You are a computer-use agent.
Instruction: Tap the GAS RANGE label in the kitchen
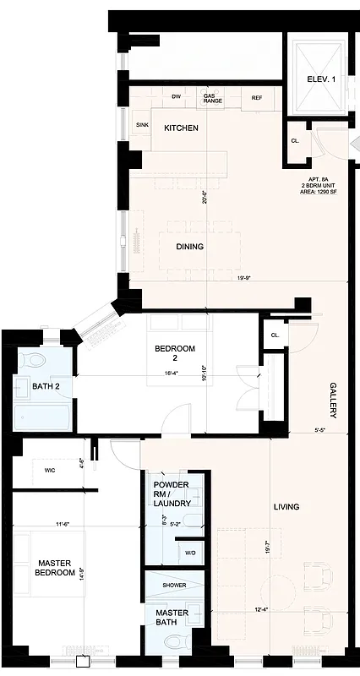(x=212, y=99)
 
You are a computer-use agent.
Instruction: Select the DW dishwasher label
(x=177, y=96)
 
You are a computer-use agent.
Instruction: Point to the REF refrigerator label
(x=257, y=98)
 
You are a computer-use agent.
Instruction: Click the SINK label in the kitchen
(x=142, y=125)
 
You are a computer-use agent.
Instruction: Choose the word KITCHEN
(x=181, y=128)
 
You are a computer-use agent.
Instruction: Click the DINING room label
(x=189, y=247)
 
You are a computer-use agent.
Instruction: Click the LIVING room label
(x=286, y=507)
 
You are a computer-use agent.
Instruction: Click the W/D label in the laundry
(x=189, y=553)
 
